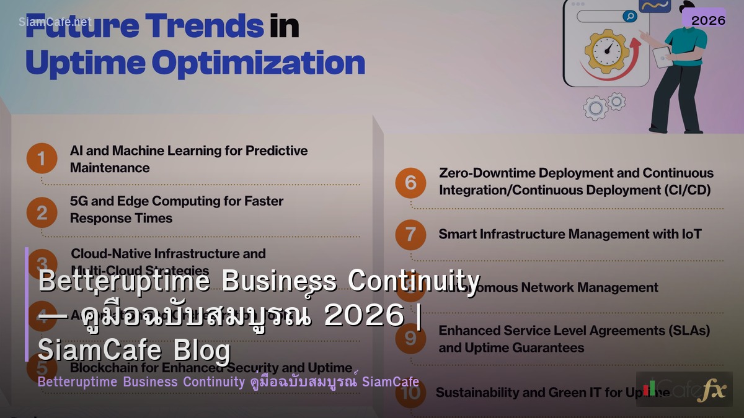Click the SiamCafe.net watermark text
[x=55, y=22]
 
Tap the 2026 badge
[x=708, y=20]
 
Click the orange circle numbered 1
[x=42, y=159]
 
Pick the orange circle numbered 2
[x=42, y=212]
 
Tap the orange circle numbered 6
[x=410, y=182]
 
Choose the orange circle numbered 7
[x=410, y=235]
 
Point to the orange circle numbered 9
[x=410, y=338]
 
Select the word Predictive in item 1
[x=277, y=150]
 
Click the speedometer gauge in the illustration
[x=606, y=50]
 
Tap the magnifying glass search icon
[x=629, y=17]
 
